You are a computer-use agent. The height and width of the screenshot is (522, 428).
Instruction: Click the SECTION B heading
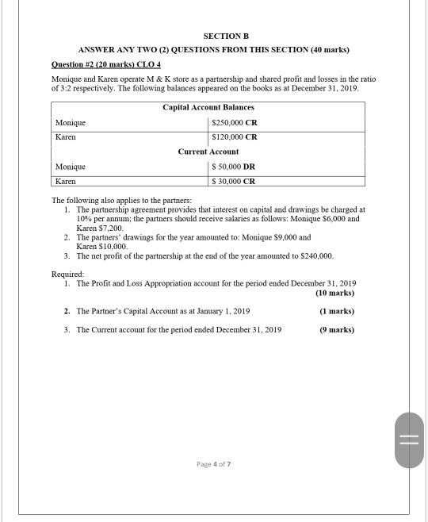point(226,36)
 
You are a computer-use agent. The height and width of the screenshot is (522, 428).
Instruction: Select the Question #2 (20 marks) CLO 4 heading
point(105,63)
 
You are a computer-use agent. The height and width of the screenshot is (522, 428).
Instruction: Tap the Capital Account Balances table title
point(208,107)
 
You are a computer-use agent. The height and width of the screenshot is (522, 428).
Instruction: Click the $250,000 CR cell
point(234,123)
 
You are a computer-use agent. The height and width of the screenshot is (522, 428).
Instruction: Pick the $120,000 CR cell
point(234,137)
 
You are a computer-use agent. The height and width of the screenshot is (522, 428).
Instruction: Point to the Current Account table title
point(208,152)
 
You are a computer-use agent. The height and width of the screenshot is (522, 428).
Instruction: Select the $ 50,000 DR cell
point(234,167)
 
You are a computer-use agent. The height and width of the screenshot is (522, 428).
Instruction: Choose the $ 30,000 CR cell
point(234,181)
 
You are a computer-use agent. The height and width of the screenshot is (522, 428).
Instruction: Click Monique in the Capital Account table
point(71,123)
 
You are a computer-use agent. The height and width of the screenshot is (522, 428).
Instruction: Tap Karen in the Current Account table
point(66,181)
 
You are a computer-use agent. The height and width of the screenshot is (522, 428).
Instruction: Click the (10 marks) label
point(334,293)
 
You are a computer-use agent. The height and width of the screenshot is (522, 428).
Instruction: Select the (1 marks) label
point(337,311)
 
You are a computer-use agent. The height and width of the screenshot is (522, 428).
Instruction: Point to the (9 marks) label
point(337,329)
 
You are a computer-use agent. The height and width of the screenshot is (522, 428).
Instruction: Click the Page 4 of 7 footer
point(213,464)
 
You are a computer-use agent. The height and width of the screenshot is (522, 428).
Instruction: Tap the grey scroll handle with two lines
point(409,440)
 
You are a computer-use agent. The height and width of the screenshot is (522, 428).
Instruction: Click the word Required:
point(67,274)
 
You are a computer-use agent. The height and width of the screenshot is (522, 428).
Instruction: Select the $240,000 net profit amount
point(317,256)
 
